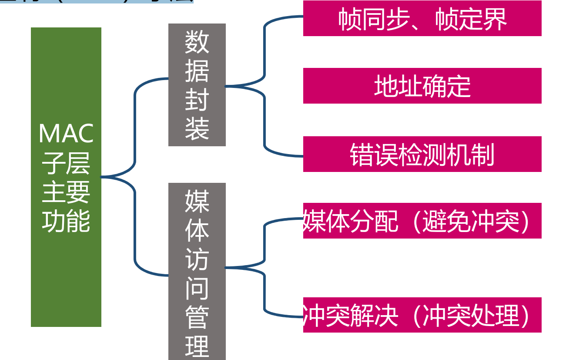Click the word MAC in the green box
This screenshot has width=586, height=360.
click(x=66, y=134)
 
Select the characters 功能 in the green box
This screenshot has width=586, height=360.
click(x=66, y=221)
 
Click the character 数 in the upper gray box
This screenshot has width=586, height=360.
click(x=197, y=42)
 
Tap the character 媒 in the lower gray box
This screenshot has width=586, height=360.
click(x=197, y=201)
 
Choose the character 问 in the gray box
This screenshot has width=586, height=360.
click(x=197, y=287)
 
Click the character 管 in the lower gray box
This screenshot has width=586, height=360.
click(x=197, y=316)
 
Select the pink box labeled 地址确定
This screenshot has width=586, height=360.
click(x=422, y=86)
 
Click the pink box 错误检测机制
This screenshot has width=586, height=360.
click(x=422, y=154)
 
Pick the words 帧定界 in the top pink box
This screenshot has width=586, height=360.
click(x=471, y=19)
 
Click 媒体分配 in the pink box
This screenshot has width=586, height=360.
click(x=351, y=221)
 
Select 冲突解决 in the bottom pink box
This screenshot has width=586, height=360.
click(x=351, y=316)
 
